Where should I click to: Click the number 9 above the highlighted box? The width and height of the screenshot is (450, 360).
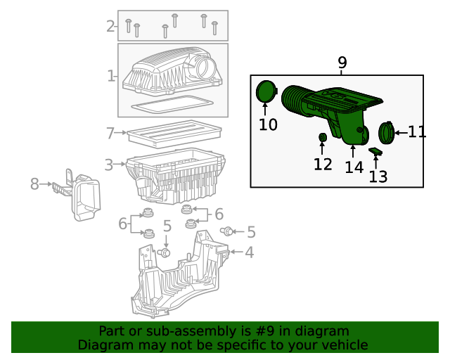(342, 63)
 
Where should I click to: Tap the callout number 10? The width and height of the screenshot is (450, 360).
(268, 125)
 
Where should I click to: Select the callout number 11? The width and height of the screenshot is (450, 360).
(417, 131)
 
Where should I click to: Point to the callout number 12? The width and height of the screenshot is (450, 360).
(323, 165)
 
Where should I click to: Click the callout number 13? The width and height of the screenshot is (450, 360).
(378, 176)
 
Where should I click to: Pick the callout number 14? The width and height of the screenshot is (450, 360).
(354, 167)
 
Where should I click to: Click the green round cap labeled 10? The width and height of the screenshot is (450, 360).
(266, 92)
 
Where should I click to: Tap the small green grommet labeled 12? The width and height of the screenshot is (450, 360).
(322, 136)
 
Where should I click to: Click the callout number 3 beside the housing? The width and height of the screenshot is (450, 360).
(109, 165)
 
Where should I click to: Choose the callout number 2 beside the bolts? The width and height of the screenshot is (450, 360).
(110, 27)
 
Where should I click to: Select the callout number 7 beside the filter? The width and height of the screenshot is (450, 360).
(110, 133)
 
